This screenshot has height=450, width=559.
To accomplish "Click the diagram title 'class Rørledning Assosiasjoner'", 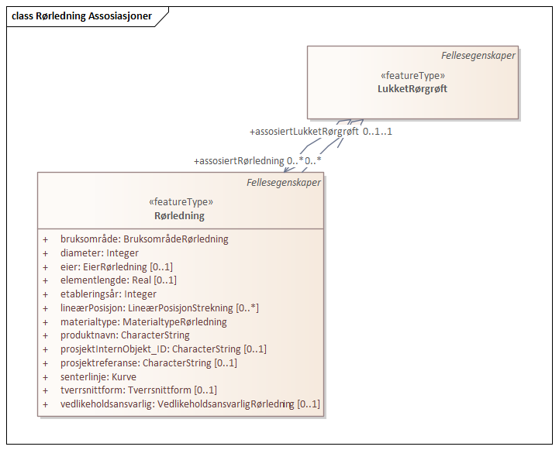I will [81, 16].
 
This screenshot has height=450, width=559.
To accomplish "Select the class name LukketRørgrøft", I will [412, 89].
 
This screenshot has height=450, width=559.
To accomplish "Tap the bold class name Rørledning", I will [180, 216].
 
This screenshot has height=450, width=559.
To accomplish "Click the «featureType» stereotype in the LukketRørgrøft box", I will [412, 76].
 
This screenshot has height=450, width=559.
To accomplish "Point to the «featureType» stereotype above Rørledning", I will [180, 202].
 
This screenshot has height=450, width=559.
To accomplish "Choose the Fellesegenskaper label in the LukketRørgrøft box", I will [478, 55].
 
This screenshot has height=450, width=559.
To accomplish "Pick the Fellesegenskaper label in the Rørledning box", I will [283, 183].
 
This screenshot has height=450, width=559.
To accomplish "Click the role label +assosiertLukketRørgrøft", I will [304, 132].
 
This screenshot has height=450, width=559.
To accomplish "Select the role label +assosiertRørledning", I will [239, 161].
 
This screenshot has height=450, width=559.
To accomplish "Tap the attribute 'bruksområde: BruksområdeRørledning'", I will [144, 239].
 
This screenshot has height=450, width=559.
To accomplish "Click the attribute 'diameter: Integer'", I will [99, 253].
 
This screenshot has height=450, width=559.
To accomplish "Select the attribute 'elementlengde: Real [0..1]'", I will [119, 280].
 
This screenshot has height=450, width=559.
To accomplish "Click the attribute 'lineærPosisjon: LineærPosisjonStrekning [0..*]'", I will [160, 308].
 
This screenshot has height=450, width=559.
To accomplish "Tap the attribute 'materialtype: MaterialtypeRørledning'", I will [143, 322].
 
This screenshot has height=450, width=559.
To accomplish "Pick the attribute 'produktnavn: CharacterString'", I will [125, 335].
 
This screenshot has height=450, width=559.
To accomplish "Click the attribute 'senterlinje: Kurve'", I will [98, 377].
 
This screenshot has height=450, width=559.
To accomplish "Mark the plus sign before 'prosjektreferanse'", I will [46, 363].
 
